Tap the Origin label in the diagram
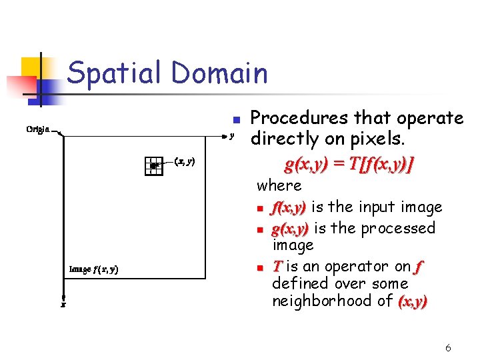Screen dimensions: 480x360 point(37,129)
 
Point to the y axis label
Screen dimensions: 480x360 point(231,137)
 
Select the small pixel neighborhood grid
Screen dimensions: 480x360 point(153,165)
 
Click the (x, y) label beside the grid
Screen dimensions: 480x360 point(184,161)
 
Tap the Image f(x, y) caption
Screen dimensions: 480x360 point(94,269)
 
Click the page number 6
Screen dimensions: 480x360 point(448,347)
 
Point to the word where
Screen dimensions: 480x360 point(279,185)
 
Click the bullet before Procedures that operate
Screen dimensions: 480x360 point(235,120)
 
